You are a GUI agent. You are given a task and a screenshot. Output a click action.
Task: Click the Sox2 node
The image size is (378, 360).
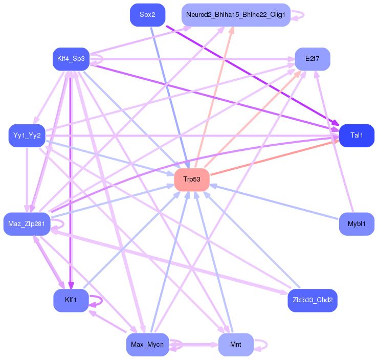(x=147, y=15)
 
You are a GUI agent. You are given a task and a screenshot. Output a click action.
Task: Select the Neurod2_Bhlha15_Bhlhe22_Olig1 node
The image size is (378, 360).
(x=236, y=15)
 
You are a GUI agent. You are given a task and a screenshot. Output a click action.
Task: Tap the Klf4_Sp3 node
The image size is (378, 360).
(x=71, y=59)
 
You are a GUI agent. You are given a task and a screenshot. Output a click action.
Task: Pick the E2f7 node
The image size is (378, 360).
(x=313, y=59)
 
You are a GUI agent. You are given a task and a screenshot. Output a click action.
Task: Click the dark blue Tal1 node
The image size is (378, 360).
(x=357, y=136)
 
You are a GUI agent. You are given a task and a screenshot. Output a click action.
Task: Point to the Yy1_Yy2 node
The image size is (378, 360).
(x=27, y=136)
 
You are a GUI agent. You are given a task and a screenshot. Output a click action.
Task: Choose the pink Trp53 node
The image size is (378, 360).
(x=192, y=179)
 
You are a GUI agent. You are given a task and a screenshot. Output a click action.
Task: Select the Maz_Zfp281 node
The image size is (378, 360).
(x=27, y=224)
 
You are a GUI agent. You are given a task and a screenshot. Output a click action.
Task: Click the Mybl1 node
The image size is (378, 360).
(x=357, y=224)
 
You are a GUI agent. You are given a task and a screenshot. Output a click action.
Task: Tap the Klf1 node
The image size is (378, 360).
(x=71, y=300)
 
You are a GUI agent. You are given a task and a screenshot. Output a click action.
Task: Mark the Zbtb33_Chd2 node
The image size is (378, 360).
(x=313, y=300)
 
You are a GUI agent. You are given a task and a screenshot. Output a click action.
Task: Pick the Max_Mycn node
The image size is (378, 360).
(x=147, y=345)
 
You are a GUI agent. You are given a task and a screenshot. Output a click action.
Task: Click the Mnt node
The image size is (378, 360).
(x=236, y=345)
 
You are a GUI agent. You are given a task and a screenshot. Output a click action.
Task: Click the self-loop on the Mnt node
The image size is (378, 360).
(x=266, y=345)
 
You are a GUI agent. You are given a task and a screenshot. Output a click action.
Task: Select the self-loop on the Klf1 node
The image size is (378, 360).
(x=102, y=301)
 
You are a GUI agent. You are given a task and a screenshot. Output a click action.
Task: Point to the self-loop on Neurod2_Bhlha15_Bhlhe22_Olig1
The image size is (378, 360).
(x=303, y=15)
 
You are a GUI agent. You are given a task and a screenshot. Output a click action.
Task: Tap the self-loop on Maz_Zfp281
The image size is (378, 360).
(x=63, y=224)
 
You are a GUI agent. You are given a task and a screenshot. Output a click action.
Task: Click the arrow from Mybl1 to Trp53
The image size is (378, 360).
(x=274, y=202)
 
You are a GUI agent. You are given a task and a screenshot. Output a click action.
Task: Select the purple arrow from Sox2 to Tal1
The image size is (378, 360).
(x=252, y=76)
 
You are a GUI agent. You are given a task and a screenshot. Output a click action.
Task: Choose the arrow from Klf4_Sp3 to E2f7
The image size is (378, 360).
(x=192, y=59)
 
